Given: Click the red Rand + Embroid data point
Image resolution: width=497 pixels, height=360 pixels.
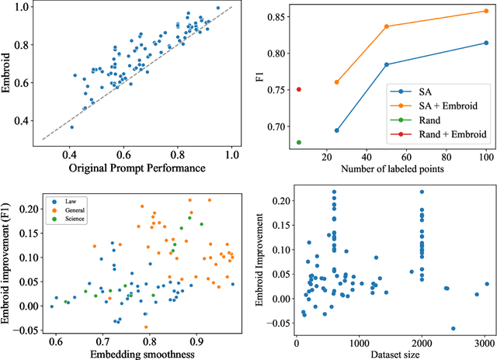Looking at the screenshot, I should (x=299, y=89).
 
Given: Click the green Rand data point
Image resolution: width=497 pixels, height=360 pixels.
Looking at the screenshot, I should (x=299, y=142).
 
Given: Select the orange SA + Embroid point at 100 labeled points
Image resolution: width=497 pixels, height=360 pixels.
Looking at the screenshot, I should (x=486, y=11).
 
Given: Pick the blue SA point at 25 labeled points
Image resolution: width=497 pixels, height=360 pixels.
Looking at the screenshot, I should (x=336, y=130).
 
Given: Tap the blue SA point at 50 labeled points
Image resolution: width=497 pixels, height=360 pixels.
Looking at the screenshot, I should (x=386, y=64).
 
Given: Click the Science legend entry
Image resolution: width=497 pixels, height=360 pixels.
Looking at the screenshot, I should (x=75, y=216).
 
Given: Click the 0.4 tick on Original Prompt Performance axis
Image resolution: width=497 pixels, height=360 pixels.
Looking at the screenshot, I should (x=71, y=156).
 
